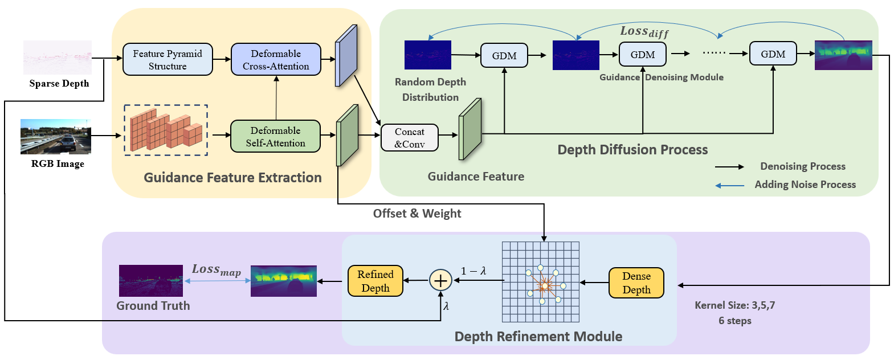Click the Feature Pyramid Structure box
pyautogui.click(x=168, y=60)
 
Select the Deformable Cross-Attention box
pyautogui.click(x=276, y=60)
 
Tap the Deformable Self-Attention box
pyautogui.click(x=275, y=137)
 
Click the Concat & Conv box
pyautogui.click(x=409, y=138)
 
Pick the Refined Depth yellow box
pyautogui.click(x=375, y=281)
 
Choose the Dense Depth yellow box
pyautogui.click(x=636, y=283)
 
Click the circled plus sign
pyautogui.click(x=440, y=280)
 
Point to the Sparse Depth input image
pyautogui.click(x=58, y=58)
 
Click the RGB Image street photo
pyautogui.click(x=56, y=137)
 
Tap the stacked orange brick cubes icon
pyautogui.click(x=166, y=130)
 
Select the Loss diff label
pyautogui.click(x=644, y=32)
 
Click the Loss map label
pyautogui.click(x=216, y=269)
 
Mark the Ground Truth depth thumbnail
pyautogui.click(x=151, y=280)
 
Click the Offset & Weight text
pyautogui.click(x=417, y=214)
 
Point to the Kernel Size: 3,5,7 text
pyautogui.click(x=734, y=305)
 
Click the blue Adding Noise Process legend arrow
pyautogui.click(x=730, y=186)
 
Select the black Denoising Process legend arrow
pyautogui.click(x=730, y=167)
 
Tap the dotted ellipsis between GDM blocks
pyautogui.click(x=714, y=52)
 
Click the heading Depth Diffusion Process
pyautogui.click(x=632, y=150)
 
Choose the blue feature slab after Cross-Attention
pyautogui.click(x=346, y=56)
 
